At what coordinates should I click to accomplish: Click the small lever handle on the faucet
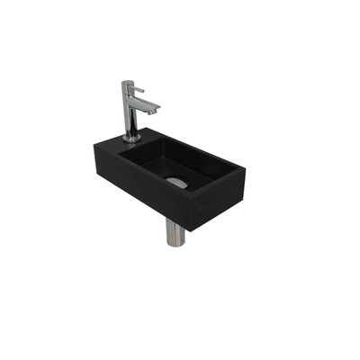click(138, 89)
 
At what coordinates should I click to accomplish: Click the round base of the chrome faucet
click(130, 137)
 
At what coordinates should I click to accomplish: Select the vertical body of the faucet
click(128, 112)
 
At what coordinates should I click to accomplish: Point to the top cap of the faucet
click(127, 83)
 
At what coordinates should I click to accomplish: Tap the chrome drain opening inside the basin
click(177, 183)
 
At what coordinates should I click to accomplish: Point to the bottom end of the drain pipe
click(175, 244)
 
